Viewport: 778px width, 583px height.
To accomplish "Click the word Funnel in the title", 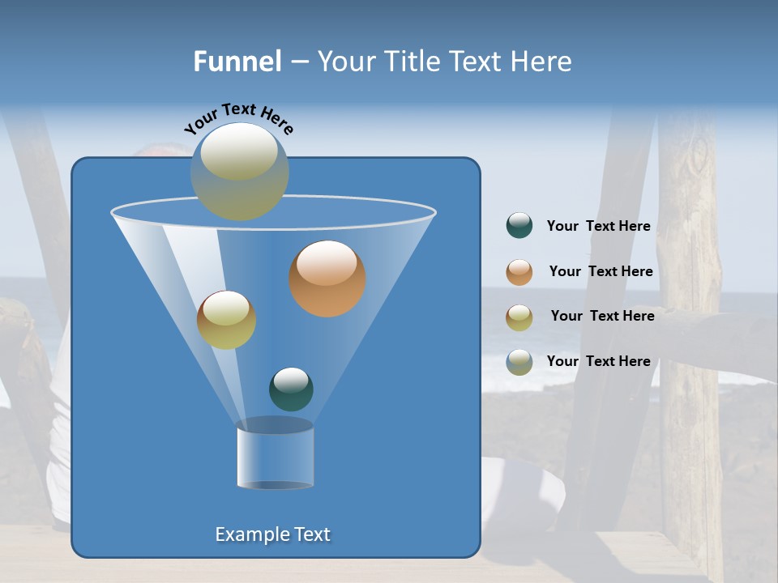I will point(237,62).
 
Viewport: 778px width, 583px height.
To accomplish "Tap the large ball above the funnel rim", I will point(240,171).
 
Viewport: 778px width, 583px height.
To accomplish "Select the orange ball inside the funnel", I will point(327,279).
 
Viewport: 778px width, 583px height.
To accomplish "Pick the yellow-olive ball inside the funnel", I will point(226,320).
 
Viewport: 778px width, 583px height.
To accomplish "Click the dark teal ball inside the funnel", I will point(291,389).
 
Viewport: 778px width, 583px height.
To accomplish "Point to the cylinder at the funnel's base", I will point(276,453).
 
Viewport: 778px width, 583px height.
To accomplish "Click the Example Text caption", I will point(273,534).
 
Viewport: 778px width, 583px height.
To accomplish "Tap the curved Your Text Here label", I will point(239,117).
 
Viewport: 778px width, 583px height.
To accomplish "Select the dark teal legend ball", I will point(519,226).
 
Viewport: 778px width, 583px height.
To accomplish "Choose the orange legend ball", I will point(519,272).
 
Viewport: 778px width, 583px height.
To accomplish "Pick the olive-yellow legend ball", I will point(519,317).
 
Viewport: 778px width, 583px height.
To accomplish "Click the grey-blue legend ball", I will point(519,362).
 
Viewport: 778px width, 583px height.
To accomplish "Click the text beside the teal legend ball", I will point(598,227).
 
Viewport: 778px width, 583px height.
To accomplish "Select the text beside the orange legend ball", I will point(601,272).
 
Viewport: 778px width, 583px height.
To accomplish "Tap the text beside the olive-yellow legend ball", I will point(602,317).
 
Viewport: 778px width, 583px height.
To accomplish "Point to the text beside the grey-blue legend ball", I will point(598,362).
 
